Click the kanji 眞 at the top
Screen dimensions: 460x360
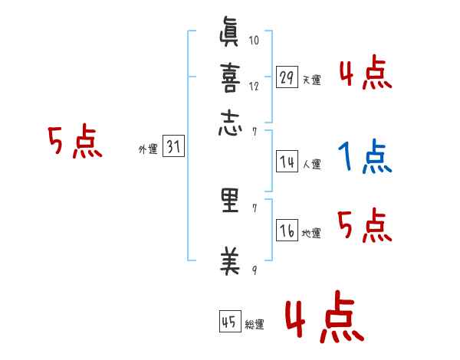230,34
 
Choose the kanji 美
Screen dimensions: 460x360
230,262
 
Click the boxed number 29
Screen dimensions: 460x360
287,77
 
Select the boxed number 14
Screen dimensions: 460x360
287,162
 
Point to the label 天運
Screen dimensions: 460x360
311,80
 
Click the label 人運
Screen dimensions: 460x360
311,164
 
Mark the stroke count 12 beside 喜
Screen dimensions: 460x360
255,86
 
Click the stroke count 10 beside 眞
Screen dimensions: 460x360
255,41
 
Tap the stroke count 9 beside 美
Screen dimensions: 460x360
255,270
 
